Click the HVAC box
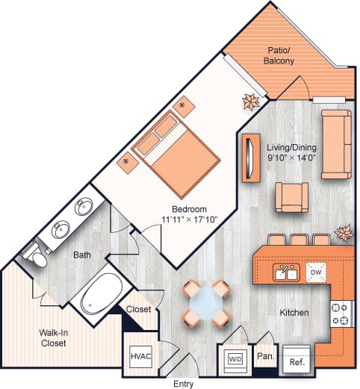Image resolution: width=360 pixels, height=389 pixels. pyautogui.click(x=141, y=355)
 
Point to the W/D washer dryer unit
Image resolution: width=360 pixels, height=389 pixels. pyautogui.click(x=235, y=358)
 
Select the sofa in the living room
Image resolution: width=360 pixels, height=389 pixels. pyautogui.click(x=336, y=144)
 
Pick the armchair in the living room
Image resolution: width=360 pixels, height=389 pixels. pyautogui.click(x=291, y=198)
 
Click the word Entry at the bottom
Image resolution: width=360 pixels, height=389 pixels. pyautogui.click(x=182, y=384)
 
